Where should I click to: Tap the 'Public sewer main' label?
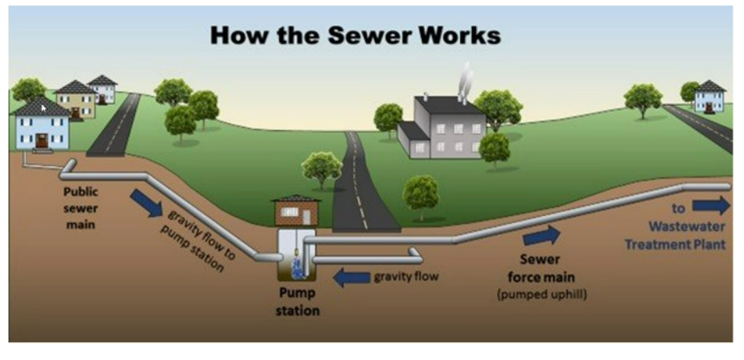pyautogui.click(x=81, y=207)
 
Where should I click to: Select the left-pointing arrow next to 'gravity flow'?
pyautogui.click(x=350, y=278)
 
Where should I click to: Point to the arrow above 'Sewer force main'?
pyautogui.click(x=542, y=236)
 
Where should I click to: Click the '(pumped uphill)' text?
pyautogui.click(x=542, y=295)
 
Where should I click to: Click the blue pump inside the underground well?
pyautogui.click(x=297, y=267)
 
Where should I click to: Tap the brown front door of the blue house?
pyautogui.click(x=43, y=141)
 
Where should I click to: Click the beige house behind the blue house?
pyautogui.click(x=75, y=100)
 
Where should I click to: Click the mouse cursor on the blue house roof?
pyautogui.click(x=43, y=108)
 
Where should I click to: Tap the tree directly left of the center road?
pyautogui.click(x=321, y=168)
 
